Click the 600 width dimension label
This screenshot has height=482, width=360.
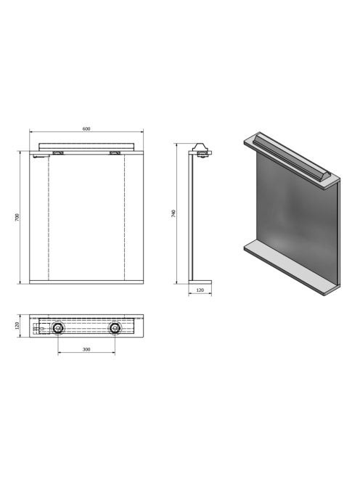coord(86,128)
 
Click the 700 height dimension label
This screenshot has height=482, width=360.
coord(17,217)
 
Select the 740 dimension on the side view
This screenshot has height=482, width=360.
coord(173,213)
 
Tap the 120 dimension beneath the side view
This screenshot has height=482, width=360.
coord(200,290)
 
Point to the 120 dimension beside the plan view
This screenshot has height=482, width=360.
coord(17,325)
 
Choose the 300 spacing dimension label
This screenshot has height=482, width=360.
coord(86,349)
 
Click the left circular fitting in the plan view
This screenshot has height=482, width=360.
coord(58,328)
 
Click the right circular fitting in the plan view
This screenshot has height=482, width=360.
coord(115,328)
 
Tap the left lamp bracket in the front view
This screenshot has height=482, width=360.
coord(58,152)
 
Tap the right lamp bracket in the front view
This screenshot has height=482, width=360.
coord(115,152)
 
